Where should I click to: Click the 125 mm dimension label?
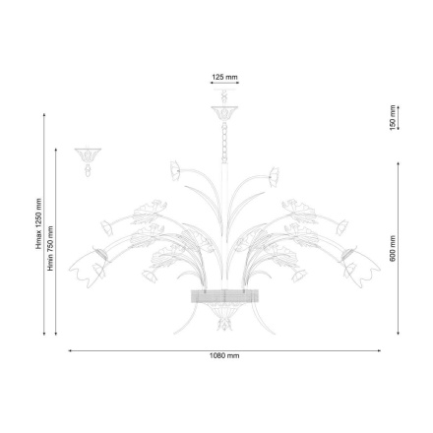[x=224, y=76]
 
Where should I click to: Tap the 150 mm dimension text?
[x=392, y=117]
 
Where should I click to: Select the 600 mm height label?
[x=392, y=246]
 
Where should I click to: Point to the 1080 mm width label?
[x=224, y=355]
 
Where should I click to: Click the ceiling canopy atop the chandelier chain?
[x=224, y=109]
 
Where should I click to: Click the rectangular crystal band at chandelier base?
[x=224, y=296]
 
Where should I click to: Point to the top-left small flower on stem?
[x=175, y=170]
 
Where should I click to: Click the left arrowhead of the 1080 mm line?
[x=69, y=349]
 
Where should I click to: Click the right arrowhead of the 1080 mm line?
[x=380, y=349]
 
